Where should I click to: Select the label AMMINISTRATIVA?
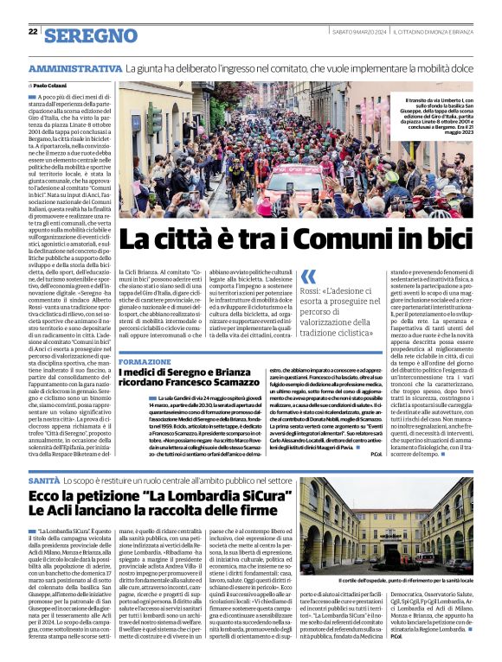click(74, 68)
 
